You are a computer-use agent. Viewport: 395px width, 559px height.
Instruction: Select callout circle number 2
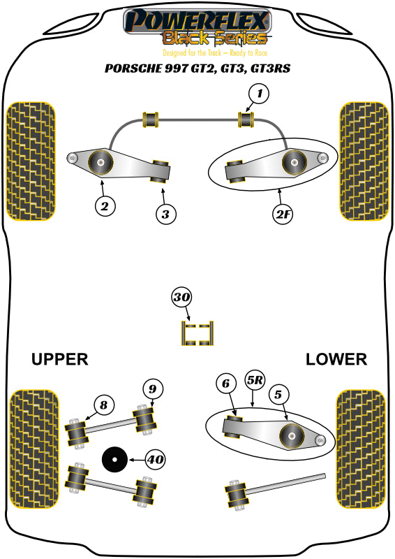coord(105,206)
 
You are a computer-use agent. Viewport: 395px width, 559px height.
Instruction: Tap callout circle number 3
coord(165,214)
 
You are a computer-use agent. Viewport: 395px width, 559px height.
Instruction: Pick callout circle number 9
coord(154,388)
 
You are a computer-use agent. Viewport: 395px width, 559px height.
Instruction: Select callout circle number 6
coord(225,383)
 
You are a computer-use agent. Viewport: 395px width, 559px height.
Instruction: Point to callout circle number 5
coord(278,395)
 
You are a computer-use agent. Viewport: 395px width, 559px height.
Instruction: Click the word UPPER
coord(59,359)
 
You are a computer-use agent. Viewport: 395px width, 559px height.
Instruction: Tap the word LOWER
coord(336,359)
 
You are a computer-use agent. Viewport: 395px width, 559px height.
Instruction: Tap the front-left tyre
coord(30,161)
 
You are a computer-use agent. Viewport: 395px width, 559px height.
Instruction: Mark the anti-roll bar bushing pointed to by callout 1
coord(246,120)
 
